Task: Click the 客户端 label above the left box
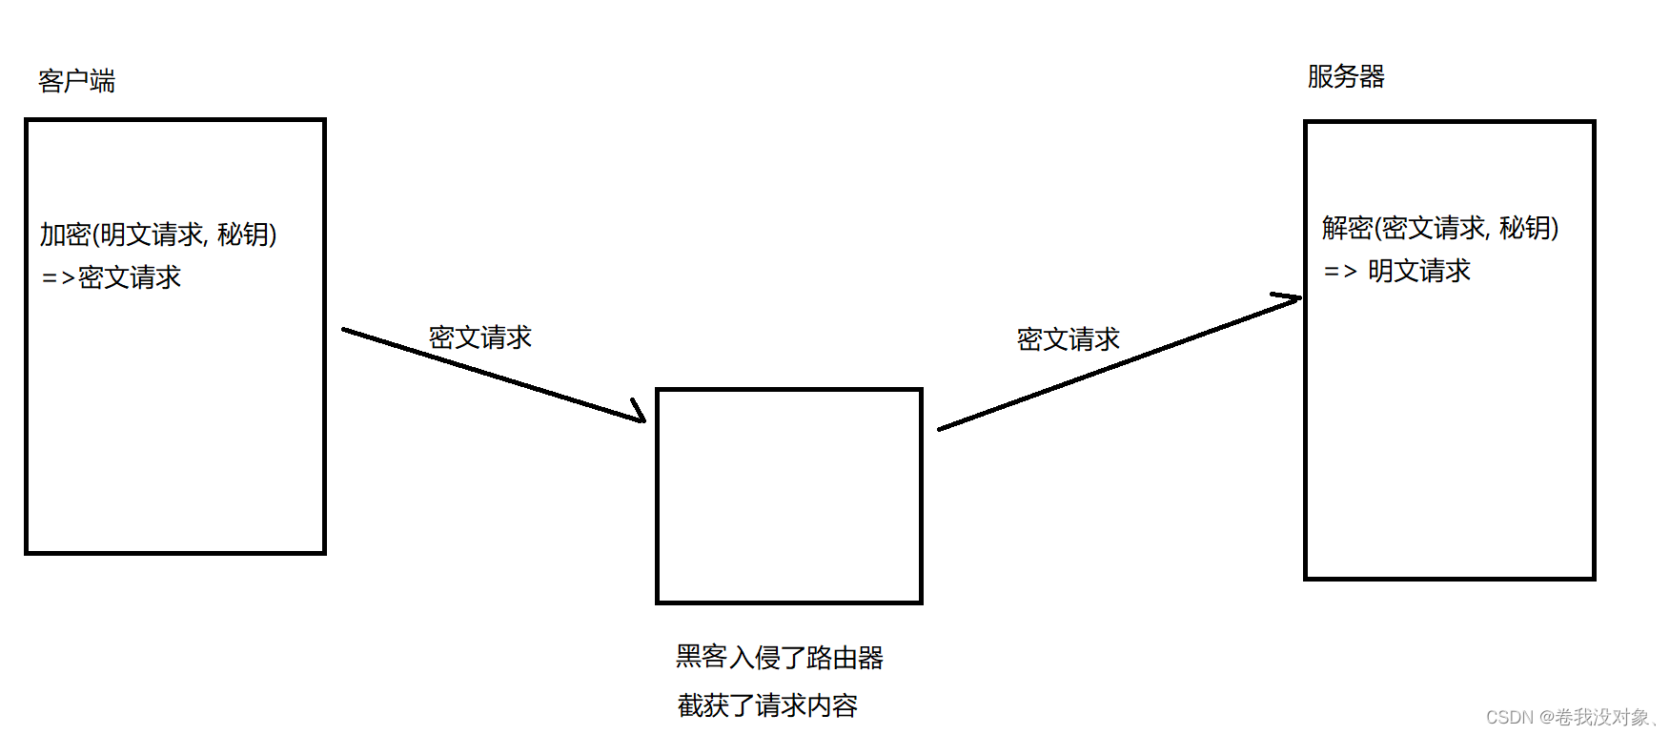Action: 76,81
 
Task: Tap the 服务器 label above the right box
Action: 1345,76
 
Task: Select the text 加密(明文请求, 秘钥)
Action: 158,235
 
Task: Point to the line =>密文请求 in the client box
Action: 112,277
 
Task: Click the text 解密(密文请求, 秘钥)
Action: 1439,228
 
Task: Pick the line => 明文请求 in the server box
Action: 1397,272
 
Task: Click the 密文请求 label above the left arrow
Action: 479,337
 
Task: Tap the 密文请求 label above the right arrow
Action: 1068,339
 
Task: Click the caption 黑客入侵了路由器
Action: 779,657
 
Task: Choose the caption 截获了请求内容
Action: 767,705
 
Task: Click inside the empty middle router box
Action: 789,496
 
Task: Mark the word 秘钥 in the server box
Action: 1524,228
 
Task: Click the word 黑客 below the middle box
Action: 702,657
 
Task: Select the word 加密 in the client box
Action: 65,235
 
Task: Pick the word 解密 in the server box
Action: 1347,228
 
